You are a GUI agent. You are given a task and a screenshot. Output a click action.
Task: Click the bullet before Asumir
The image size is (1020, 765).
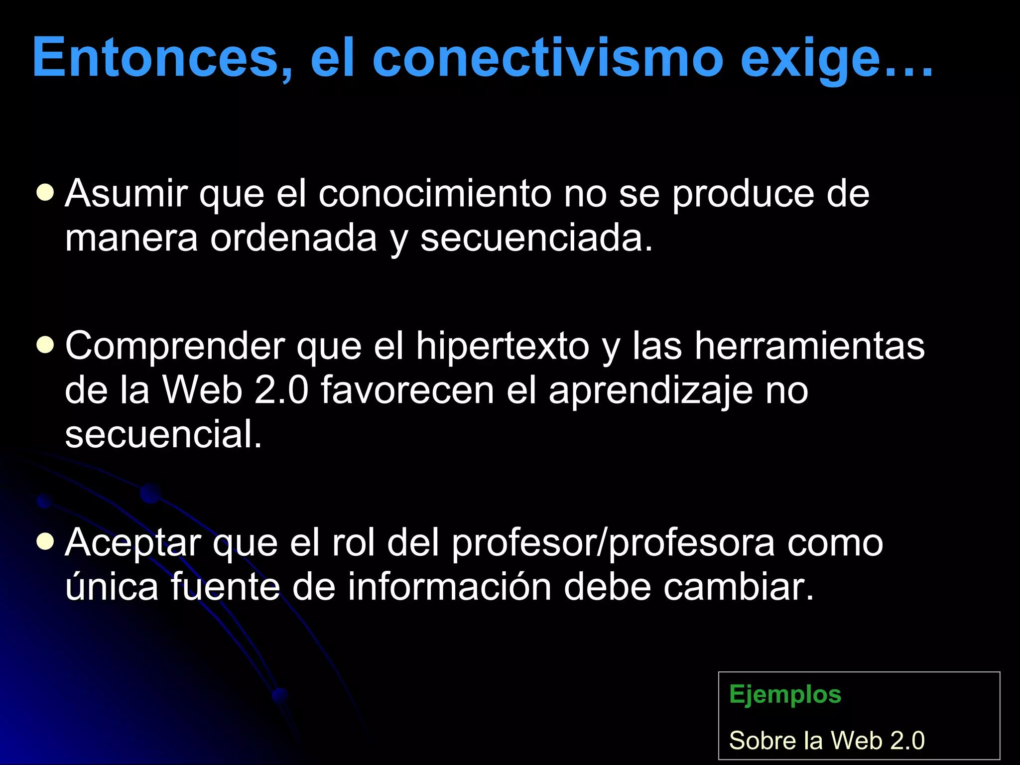click(x=45, y=193)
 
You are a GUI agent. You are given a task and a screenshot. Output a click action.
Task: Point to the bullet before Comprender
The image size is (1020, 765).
click(x=45, y=345)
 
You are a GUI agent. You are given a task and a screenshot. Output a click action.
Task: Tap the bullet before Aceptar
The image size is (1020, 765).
click(x=45, y=542)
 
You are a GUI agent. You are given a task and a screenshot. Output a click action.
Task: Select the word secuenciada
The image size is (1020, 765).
click(x=536, y=238)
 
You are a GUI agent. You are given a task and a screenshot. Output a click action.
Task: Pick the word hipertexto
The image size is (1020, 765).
click(x=503, y=346)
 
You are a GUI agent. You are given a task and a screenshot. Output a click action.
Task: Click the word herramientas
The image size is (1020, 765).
click(x=809, y=346)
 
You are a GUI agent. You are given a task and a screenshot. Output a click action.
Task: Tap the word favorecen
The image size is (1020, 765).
click(x=407, y=390)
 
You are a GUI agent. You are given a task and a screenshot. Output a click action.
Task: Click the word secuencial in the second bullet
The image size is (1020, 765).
click(x=163, y=434)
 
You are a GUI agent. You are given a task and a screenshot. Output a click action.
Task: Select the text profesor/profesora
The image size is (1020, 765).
click(x=613, y=543)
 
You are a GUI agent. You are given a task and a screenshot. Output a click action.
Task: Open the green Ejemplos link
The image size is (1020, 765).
click(x=785, y=695)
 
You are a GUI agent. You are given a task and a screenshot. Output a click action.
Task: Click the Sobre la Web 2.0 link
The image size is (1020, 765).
click(x=827, y=740)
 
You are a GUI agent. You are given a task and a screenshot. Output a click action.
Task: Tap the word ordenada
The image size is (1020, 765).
click(x=293, y=238)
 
